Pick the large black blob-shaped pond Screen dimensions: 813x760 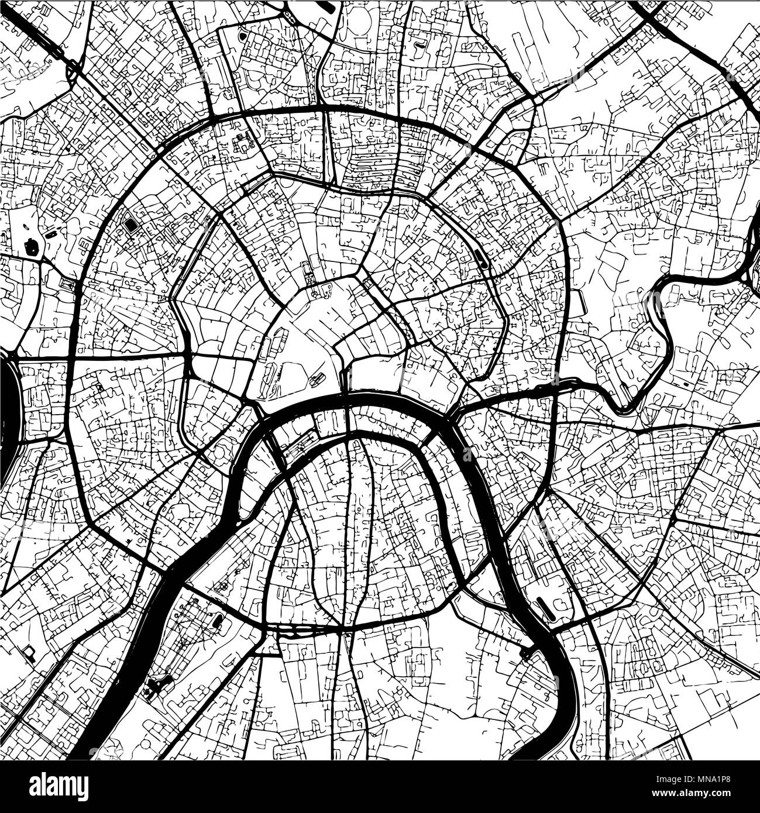32,247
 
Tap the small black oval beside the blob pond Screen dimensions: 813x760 51,235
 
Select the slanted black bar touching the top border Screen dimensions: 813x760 328,6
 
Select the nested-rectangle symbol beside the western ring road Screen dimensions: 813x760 67,285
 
